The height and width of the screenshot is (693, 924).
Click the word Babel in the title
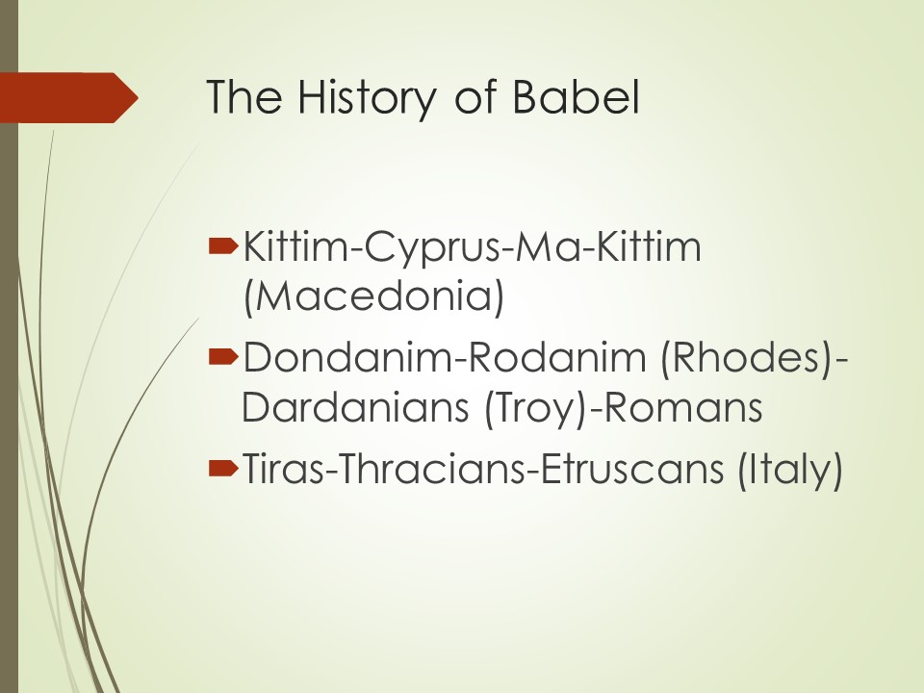tap(576, 96)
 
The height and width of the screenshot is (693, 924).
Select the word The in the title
tap(244, 96)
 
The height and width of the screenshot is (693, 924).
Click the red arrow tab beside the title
tap(69, 98)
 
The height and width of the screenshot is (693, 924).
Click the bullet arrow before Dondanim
tap(223, 356)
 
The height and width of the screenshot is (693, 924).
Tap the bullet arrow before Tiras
tap(223, 469)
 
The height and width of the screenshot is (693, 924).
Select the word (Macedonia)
tap(374, 296)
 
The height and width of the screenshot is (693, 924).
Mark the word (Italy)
tap(789, 470)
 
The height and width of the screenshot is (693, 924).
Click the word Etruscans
tap(631, 469)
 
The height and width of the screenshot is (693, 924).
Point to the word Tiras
tap(283, 469)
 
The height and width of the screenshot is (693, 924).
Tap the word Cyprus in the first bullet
tap(433, 248)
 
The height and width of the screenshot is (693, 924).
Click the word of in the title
tap(476, 96)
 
